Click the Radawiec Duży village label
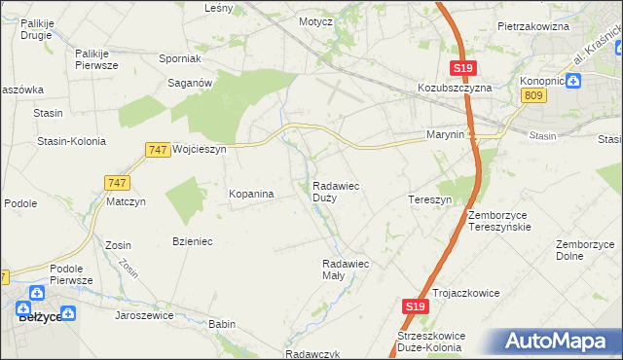click(337, 191)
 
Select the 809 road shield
click(532, 94)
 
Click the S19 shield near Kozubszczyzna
click(462, 67)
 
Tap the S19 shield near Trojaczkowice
click(415, 306)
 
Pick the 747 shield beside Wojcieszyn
click(157, 149)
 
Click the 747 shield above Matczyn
click(116, 182)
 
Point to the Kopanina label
click(251, 194)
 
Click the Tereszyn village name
click(429, 198)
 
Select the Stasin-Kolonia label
click(70, 141)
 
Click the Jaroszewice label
click(144, 315)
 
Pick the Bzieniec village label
click(192, 240)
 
